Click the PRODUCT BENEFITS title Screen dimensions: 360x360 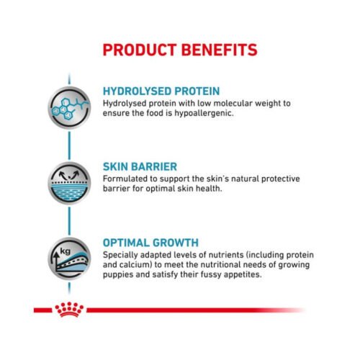(179, 50)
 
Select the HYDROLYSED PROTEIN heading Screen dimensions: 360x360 (162, 91)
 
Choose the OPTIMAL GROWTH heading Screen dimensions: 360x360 (151, 243)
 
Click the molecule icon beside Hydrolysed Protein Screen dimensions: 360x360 (70, 104)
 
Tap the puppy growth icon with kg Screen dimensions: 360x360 (70, 257)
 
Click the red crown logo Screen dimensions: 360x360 (69, 310)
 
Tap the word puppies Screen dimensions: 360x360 (120, 274)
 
